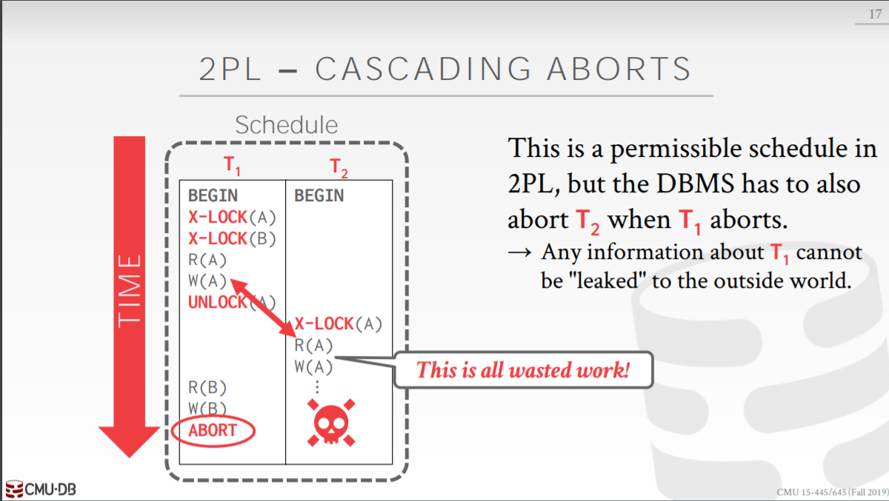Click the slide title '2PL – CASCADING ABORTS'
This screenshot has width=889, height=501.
(445, 69)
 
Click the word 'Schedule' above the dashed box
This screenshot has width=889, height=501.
(286, 125)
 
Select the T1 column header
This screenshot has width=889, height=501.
(232, 167)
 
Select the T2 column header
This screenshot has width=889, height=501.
(339, 168)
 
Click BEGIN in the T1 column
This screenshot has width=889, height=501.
(213, 195)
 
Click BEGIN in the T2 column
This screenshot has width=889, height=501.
(319, 195)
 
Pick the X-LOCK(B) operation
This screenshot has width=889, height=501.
(232, 238)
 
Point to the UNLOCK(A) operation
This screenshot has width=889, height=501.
(232, 302)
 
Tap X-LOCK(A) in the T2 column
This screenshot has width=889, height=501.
(339, 323)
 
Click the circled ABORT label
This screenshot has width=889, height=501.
(213, 430)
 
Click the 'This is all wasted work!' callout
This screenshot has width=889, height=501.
(522, 369)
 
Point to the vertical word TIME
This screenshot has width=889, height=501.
(130, 289)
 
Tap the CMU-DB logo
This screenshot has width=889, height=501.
(40, 489)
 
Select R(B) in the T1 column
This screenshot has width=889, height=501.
(207, 387)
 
